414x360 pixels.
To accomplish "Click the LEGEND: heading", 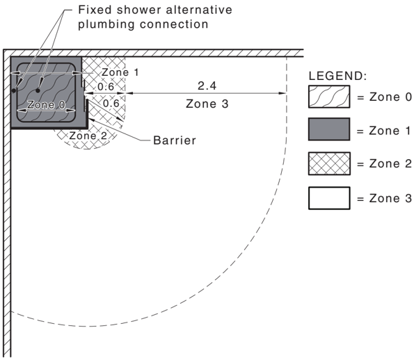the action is (x=337, y=76).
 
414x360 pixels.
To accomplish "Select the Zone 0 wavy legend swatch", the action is (x=329, y=97).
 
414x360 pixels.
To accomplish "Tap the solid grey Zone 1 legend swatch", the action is (x=329, y=129).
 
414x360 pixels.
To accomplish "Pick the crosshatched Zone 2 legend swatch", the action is (x=329, y=163).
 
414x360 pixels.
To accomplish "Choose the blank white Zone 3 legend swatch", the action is (x=329, y=198).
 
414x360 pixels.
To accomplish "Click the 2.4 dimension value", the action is (x=207, y=85).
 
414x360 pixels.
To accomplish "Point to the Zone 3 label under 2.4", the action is (x=207, y=104).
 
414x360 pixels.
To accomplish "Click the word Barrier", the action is (x=175, y=140).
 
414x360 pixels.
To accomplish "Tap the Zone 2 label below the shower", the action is (x=88, y=136).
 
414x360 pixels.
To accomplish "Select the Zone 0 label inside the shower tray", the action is (x=46, y=105).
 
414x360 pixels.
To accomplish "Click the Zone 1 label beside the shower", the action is (x=120, y=72).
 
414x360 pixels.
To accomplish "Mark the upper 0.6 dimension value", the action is (x=106, y=86).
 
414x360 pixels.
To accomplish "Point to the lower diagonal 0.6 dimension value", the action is (x=111, y=103).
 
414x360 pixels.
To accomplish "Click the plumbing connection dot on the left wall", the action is (x=14, y=90).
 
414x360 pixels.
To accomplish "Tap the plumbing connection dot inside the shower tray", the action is (x=38, y=90).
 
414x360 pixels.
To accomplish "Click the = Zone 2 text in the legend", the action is (x=384, y=163).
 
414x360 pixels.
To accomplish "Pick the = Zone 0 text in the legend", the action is (x=384, y=97).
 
